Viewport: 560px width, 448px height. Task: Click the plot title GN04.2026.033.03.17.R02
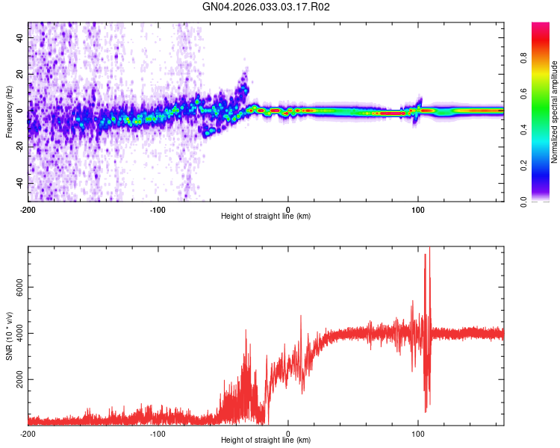point(267,7)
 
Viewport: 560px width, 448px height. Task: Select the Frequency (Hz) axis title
point(9,111)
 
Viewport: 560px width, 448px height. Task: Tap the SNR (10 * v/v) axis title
point(9,336)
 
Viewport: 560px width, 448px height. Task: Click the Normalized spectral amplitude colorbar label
point(554,112)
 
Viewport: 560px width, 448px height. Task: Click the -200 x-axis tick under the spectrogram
point(28,208)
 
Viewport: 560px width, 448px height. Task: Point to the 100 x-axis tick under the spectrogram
point(418,208)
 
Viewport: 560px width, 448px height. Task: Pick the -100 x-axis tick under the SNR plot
point(158,433)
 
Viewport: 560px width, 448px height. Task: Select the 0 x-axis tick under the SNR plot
point(288,433)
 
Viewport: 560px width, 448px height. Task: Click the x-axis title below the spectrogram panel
point(266,217)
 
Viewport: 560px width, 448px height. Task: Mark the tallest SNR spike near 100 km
point(429,251)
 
